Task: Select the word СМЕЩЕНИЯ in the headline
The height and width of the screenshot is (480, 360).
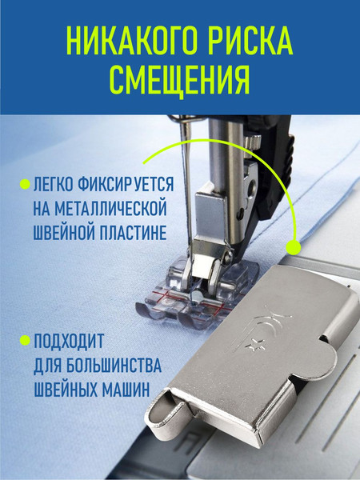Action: tap(179, 79)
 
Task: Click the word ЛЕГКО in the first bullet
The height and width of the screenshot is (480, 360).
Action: tap(54, 184)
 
